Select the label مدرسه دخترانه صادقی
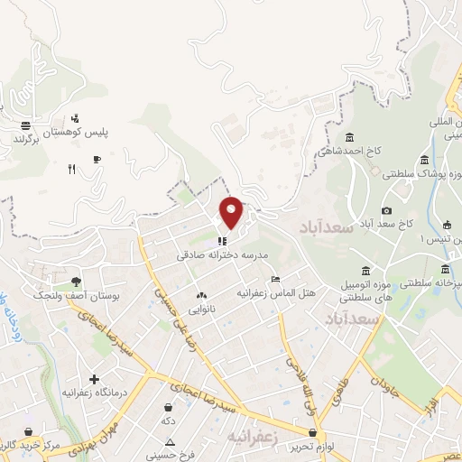tap(223, 255)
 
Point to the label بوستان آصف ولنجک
tap(65, 295)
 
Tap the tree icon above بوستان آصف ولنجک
tap(75, 282)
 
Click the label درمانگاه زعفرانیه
tap(94, 394)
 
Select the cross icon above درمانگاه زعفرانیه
tap(94, 379)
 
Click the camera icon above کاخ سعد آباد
tap(387, 210)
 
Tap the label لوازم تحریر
tap(313, 447)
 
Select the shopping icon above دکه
tap(169, 408)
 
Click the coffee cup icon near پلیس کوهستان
tap(97, 159)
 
